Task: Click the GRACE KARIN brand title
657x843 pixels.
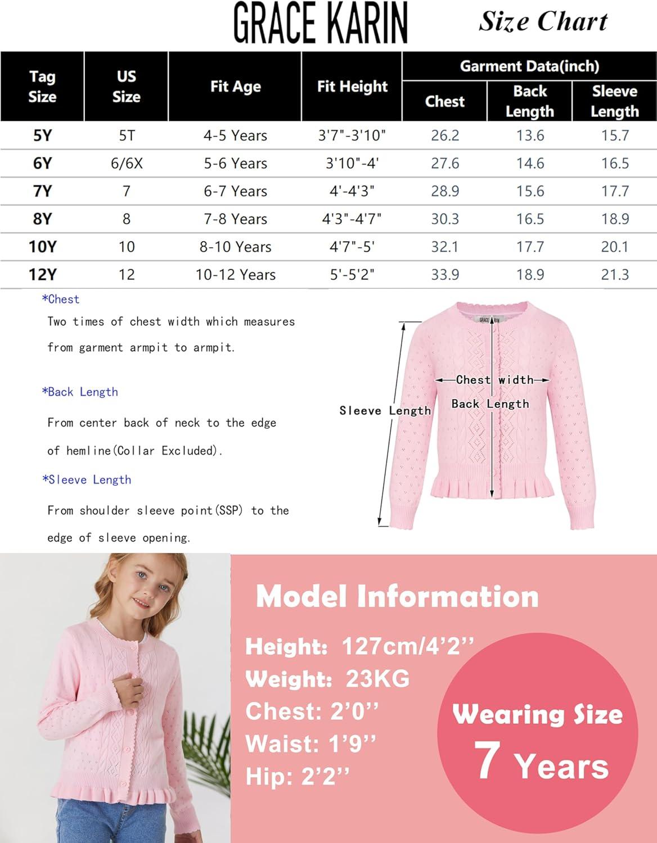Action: point(320,24)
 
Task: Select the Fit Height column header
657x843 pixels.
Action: point(352,87)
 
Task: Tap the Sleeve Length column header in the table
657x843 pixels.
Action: point(614,101)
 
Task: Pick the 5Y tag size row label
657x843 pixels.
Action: point(42,135)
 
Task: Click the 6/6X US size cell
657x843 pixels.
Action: point(127,164)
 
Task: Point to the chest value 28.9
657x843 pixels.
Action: point(445,191)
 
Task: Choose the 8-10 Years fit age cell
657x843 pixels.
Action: point(235,247)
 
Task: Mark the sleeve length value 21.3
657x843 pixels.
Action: point(614,275)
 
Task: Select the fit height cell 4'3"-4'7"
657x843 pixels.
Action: point(352,219)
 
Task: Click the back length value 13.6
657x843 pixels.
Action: point(530,135)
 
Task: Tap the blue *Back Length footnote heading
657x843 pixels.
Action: point(80,392)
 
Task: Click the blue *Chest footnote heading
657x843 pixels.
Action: point(61,299)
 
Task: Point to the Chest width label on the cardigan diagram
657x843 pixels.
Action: point(494,380)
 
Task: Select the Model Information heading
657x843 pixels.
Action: point(397,596)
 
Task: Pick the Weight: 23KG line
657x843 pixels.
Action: point(327,679)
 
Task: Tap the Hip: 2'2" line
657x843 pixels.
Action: point(298,777)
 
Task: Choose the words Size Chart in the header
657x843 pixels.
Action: point(543,21)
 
